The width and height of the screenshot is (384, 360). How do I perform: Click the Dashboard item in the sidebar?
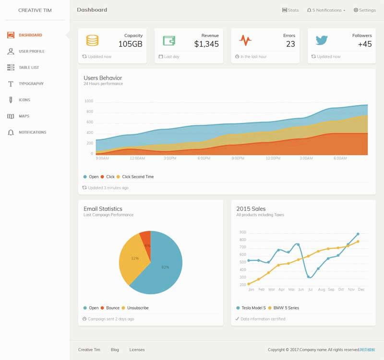pyautogui.click(x=30, y=35)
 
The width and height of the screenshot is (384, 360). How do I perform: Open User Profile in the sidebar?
pyautogui.click(x=31, y=51)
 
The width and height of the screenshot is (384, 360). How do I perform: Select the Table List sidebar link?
pyautogui.click(x=29, y=68)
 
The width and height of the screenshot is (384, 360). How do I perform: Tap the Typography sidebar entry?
pyautogui.click(x=31, y=84)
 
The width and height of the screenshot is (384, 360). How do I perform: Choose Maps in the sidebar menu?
pyautogui.click(x=24, y=116)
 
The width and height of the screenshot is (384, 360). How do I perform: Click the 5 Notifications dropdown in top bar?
pyautogui.click(x=326, y=10)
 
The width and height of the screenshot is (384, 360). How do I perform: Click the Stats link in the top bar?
pyautogui.click(x=290, y=10)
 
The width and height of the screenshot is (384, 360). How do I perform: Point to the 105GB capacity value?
pyautogui.click(x=130, y=44)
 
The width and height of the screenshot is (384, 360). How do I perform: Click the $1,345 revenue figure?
pyautogui.click(x=206, y=44)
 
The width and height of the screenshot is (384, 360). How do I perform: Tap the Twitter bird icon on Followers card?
pyautogui.click(x=322, y=40)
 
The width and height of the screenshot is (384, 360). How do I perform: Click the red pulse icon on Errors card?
pyautogui.click(x=245, y=40)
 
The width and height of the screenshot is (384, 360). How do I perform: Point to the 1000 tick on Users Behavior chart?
pyautogui.click(x=89, y=101)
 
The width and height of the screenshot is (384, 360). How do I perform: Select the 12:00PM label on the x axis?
pyautogui.click(x=273, y=158)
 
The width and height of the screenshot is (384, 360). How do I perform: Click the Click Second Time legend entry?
pyautogui.click(x=138, y=177)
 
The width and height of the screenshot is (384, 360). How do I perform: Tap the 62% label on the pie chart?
pyautogui.click(x=165, y=267)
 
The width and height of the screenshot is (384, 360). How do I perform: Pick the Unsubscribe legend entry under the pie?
pyautogui.click(x=138, y=308)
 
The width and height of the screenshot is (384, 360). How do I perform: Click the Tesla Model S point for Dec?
pyautogui.click(x=358, y=234)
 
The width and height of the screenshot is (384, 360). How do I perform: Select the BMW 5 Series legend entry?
pyautogui.click(x=286, y=308)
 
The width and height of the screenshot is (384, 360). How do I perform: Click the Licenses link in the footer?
pyautogui.click(x=137, y=350)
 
